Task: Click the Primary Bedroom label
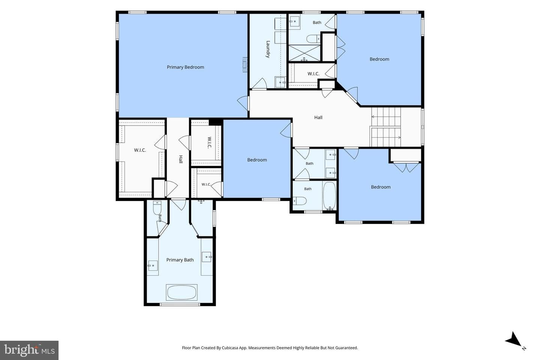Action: (185, 67)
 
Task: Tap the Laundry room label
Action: (268, 49)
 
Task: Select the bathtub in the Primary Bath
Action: (181, 292)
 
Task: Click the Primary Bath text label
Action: (180, 260)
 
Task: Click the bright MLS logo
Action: (29, 350)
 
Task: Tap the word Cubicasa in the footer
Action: (231, 348)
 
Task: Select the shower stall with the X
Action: (304, 53)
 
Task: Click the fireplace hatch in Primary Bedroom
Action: (245, 64)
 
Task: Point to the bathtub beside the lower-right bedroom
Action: (329, 196)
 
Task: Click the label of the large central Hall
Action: (318, 117)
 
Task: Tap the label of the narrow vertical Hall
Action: (181, 159)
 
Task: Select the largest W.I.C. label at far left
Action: (140, 150)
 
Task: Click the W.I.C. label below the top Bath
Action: (313, 74)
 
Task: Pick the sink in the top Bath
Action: (294, 21)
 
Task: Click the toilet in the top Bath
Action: (313, 39)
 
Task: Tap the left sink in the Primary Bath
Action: (153, 266)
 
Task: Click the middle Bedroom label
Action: (257, 160)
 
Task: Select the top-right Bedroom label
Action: (379, 59)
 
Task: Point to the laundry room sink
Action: (280, 82)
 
